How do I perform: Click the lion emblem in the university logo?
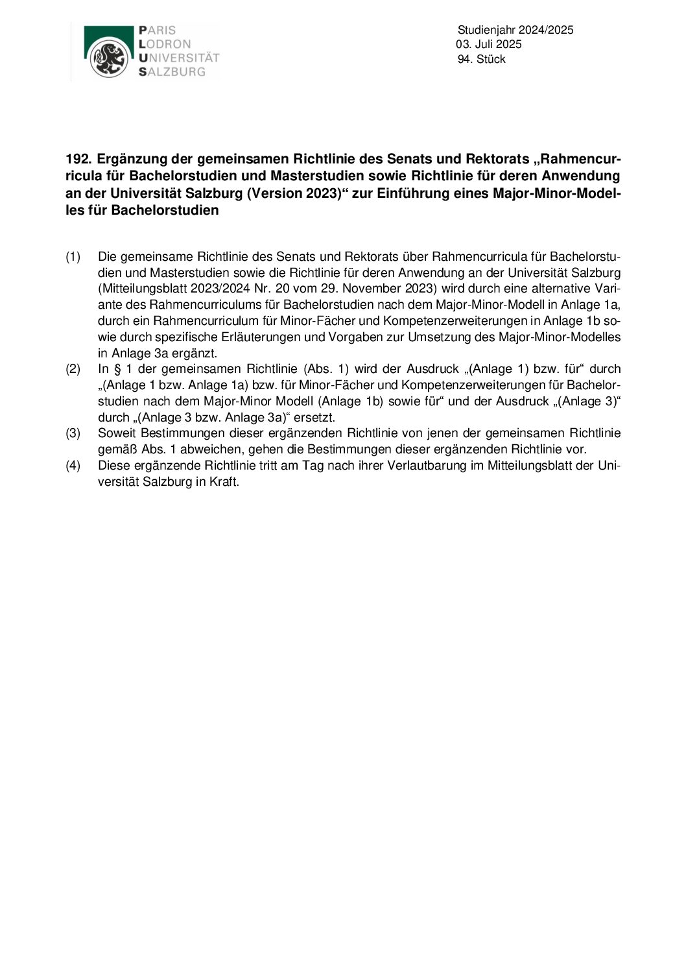pos(108,58)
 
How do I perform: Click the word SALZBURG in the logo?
pos(172,72)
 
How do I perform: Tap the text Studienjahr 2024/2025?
pos(515,30)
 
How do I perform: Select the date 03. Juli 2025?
pos(490,44)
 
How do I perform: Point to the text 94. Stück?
pos(481,59)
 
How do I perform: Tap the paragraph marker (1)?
pos(73,256)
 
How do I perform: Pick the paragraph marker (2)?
pos(73,369)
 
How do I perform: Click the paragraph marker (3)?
pos(73,433)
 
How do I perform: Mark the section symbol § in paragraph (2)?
pos(119,369)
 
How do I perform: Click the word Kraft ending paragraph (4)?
pos(224,482)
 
